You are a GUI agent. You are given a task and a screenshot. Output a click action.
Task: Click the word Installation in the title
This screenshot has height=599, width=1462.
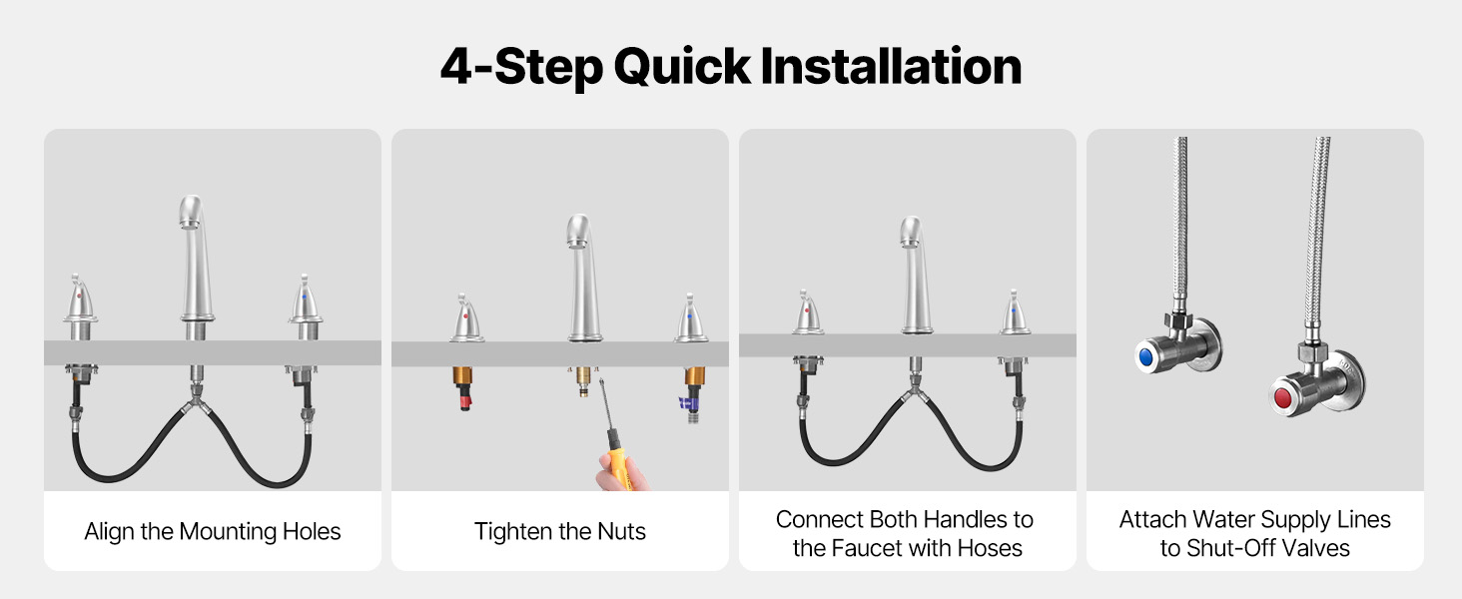click(x=891, y=67)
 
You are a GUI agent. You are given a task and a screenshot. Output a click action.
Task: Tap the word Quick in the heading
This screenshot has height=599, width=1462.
click(x=682, y=68)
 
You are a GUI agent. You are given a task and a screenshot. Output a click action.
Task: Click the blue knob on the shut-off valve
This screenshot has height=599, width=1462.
click(x=1145, y=357)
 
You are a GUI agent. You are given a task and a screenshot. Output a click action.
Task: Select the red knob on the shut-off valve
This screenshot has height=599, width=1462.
click(x=1282, y=397)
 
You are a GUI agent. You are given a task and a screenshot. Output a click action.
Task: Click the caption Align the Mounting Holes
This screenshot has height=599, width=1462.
click(x=213, y=531)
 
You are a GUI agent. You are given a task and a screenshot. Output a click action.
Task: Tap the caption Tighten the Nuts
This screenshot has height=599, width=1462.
click(x=560, y=531)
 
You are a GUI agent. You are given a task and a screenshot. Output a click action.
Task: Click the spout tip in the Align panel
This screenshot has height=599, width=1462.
click(x=190, y=225)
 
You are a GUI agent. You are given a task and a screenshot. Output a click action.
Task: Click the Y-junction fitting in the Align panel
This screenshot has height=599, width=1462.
click(x=197, y=401)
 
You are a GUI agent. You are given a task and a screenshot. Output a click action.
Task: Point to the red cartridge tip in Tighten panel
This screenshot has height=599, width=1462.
click(x=464, y=399)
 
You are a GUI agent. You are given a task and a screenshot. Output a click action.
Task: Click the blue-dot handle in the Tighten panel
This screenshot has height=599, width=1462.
click(x=690, y=319)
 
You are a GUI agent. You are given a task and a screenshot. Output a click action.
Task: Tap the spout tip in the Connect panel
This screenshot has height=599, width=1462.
click(x=910, y=243)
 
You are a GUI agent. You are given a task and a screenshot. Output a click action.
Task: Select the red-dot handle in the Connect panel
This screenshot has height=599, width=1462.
click(x=808, y=313)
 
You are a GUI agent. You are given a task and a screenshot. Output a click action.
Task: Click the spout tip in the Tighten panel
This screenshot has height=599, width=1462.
click(x=577, y=244)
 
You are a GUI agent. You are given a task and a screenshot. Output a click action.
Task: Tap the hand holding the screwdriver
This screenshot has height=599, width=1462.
click(x=620, y=475)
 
